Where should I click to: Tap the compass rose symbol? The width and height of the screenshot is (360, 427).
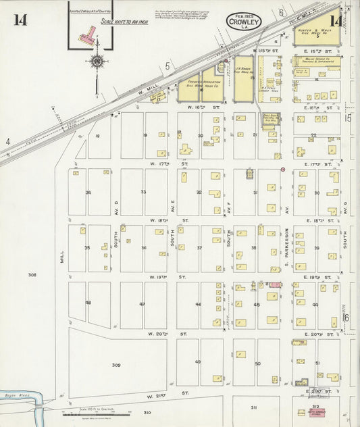point(97,62)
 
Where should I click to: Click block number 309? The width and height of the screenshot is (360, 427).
point(115,364)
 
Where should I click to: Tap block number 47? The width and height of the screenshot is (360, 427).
point(142,305)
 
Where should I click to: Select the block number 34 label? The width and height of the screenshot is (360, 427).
point(88,193)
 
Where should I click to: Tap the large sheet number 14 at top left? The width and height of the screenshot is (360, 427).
point(20,19)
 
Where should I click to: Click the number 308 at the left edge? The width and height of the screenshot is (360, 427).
point(32,275)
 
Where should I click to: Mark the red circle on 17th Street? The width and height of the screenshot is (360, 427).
point(282,169)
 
